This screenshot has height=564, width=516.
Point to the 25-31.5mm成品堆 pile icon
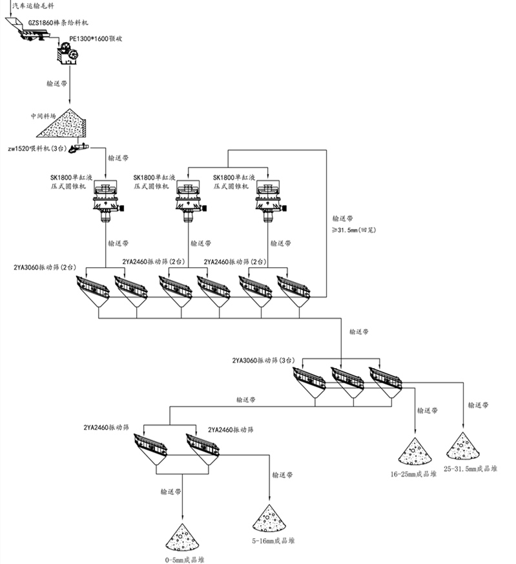pos(462,446)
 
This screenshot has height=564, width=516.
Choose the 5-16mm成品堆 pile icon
pos(270,518)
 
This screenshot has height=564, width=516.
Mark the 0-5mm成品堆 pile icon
pos(183,536)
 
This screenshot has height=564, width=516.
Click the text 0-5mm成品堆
pos(183,558)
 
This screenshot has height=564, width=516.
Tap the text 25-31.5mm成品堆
pos(470,468)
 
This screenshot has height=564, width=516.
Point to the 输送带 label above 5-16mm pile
pos(284,475)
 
